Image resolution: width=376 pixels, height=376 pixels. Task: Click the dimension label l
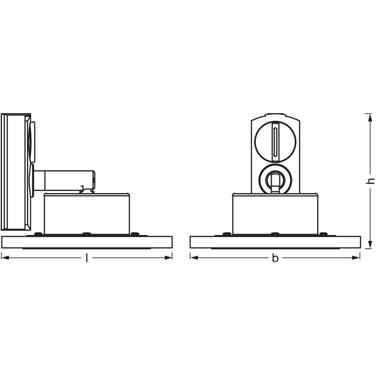click(x=86, y=258)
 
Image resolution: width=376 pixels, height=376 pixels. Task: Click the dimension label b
click(x=276, y=258)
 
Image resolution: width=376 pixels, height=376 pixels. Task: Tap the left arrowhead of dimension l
click(x=5, y=258)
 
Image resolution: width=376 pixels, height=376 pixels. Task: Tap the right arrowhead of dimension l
click(x=168, y=258)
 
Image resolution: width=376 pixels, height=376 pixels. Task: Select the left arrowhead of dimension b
click(x=194, y=258)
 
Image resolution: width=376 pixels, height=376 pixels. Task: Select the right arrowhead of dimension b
click(x=356, y=258)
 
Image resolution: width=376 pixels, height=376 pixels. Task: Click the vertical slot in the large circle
click(x=275, y=141)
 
